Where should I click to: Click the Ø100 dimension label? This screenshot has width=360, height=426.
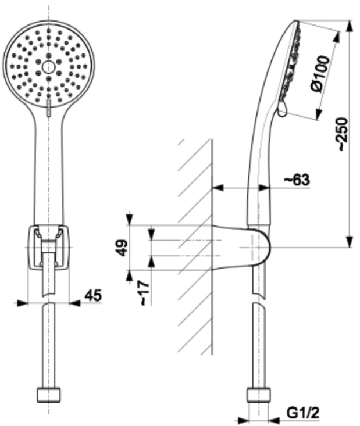click(321, 74)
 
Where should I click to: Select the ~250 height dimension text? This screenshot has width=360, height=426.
click(341, 134)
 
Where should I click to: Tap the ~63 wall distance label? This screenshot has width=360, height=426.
click(297, 180)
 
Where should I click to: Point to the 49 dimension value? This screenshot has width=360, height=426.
click(123, 248)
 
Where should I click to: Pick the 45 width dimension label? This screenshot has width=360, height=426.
click(93, 295)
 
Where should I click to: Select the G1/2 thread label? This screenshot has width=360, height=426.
click(303, 413)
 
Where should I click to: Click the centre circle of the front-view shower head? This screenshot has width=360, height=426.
click(49, 67)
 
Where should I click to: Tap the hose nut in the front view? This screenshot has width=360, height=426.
click(49, 395)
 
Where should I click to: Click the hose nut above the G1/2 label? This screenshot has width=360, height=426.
click(259, 395)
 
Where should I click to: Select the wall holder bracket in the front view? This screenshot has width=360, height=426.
click(49, 247)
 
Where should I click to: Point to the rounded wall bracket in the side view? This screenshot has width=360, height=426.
click(241, 247)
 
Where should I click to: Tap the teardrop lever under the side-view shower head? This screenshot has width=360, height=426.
click(282, 109)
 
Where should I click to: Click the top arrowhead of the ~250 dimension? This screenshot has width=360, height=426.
click(350, 26)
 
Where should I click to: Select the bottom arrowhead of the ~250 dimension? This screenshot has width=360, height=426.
click(350, 242)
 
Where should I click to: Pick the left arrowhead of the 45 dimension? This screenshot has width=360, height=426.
click(23, 303)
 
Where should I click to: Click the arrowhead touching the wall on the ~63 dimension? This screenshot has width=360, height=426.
click(218, 188)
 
